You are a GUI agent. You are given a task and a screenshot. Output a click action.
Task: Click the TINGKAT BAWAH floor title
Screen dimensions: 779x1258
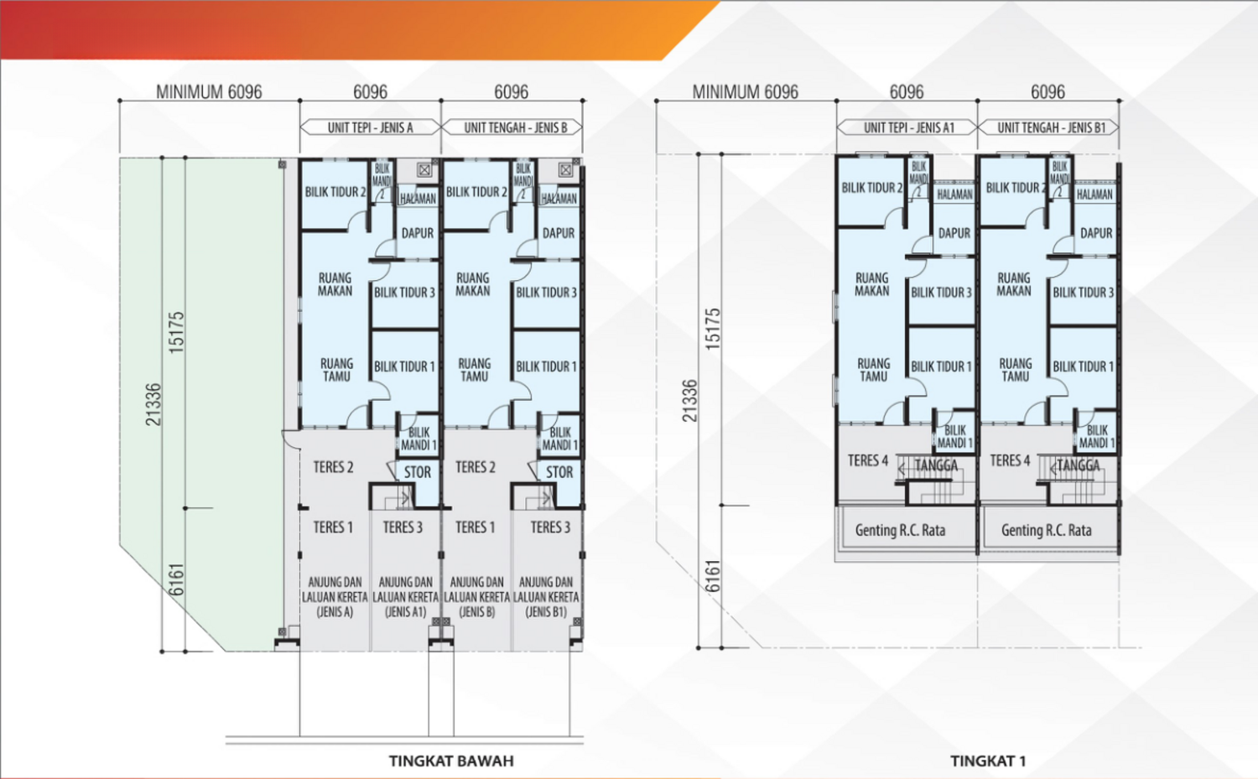pos(451,761)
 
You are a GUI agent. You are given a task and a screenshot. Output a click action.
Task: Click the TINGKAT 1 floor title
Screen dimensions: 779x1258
pos(988,761)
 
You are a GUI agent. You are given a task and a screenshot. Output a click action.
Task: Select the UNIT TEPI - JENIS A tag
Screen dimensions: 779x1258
pos(370,127)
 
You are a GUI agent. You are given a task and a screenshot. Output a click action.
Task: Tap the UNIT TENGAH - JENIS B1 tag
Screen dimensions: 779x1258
pos(1051,127)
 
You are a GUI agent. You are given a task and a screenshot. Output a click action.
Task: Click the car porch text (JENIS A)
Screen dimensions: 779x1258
pos(335,596)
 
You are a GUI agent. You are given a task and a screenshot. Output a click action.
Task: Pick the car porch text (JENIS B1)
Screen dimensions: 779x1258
pos(546,596)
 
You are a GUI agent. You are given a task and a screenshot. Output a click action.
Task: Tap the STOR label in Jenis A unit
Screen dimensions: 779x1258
pos(417,473)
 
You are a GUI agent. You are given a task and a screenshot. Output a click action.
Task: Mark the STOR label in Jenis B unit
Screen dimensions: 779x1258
pos(559,473)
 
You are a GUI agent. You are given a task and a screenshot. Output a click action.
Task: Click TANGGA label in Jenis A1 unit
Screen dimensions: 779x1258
pos(936,465)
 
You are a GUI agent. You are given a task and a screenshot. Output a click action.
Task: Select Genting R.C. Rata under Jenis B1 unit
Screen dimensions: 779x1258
pos(1046,530)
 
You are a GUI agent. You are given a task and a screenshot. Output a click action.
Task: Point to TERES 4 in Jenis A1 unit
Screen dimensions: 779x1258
pos(867,460)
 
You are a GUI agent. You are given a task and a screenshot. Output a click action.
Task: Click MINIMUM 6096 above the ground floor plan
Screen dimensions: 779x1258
pos(209,91)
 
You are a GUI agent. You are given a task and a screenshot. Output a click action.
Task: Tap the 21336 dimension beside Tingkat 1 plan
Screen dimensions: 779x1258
pos(689,401)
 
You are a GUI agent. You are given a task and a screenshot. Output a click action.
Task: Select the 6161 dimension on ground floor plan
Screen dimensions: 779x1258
pos(176,579)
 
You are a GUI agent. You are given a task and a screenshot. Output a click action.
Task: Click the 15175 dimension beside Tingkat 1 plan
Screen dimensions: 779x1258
pos(713,329)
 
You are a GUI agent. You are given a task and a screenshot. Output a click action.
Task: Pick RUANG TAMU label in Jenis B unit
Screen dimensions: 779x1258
pos(474,370)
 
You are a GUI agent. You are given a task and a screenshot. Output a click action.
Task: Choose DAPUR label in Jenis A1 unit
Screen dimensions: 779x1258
pos(954,233)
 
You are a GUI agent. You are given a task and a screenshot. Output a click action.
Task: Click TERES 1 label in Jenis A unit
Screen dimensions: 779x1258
pos(333,527)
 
